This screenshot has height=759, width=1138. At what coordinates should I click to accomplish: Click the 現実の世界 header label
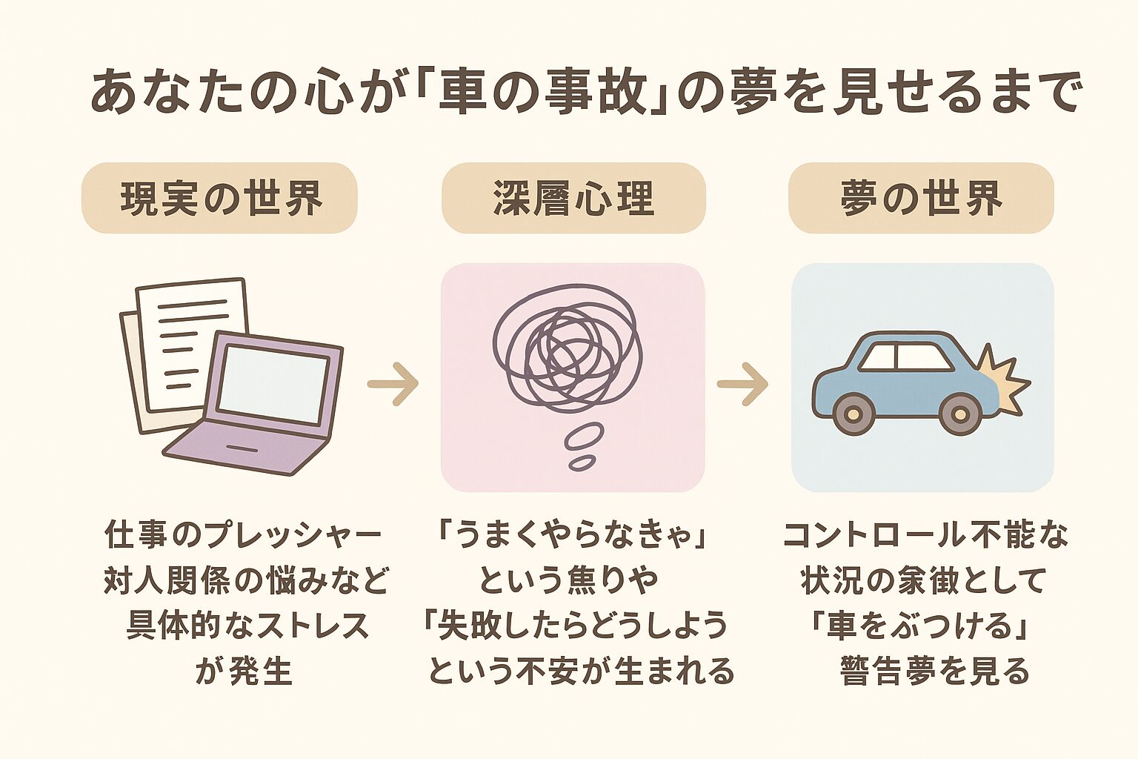point(220,198)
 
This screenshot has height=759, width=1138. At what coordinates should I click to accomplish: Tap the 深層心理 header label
point(573,198)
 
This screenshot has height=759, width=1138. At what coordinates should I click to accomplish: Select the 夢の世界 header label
point(921,198)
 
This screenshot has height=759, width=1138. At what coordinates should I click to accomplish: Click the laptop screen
point(273,385)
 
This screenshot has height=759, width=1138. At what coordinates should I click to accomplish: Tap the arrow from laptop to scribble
point(393,383)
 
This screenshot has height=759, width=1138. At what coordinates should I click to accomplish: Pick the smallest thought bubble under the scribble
point(582,463)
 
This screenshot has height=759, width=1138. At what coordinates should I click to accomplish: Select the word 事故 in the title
point(585,93)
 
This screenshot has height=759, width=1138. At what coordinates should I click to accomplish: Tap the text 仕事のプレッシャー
point(244,536)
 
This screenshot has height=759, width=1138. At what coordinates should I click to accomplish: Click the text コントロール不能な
point(925,536)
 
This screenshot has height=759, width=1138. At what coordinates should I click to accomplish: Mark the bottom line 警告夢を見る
point(935,671)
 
